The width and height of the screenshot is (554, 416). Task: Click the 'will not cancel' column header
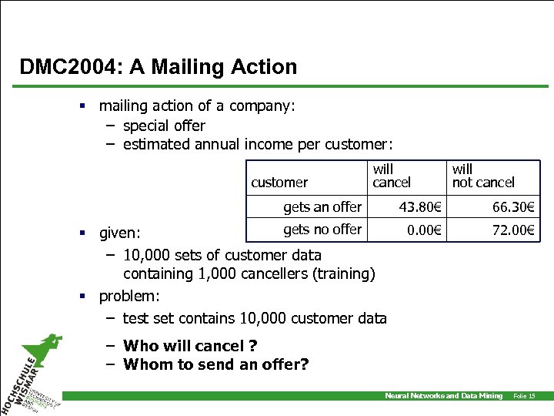482,176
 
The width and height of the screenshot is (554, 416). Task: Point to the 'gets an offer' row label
322,206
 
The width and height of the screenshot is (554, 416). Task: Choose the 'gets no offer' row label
322,229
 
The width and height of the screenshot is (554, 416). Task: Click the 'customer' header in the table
279,183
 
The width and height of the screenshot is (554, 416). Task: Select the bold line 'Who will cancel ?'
189,346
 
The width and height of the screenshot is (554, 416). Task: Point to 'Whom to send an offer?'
215,364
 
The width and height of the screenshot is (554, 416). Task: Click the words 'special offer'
164,126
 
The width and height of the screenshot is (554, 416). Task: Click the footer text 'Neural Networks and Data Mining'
443,396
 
